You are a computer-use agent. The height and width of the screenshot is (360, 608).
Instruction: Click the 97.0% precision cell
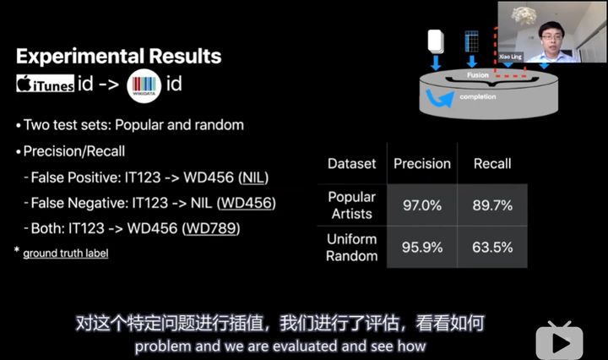pos(422,205)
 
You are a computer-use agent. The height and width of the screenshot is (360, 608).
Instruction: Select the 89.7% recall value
pos(492,205)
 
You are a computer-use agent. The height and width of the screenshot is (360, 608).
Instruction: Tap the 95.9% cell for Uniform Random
pos(422,247)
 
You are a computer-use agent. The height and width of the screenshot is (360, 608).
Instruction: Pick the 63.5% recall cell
pos(492,247)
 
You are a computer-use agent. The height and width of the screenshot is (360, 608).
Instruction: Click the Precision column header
pos(422,164)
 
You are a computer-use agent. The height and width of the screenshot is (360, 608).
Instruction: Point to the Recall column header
pos(492,164)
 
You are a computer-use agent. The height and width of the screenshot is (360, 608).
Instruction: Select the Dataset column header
pos(351,164)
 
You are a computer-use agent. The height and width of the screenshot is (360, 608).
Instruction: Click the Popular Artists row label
pos(351,205)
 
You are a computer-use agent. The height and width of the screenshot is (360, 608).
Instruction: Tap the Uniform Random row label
pos(351,248)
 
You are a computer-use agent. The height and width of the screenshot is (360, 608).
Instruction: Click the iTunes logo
pos(45,84)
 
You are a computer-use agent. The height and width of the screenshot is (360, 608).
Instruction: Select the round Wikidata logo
pos(144,85)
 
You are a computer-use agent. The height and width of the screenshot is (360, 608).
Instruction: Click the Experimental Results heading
pos(119,57)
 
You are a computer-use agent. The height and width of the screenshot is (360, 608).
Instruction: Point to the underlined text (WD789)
pos(211,228)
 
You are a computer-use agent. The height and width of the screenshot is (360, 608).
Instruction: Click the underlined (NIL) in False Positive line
pos(253,177)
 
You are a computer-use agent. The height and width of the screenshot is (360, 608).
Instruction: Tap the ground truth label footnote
pos(66,254)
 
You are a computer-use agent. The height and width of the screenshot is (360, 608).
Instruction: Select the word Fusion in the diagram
pos(478,75)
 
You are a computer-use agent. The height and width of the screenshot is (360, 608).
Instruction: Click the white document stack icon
pos(436,41)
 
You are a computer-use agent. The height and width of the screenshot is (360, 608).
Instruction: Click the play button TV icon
pos(559,341)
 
